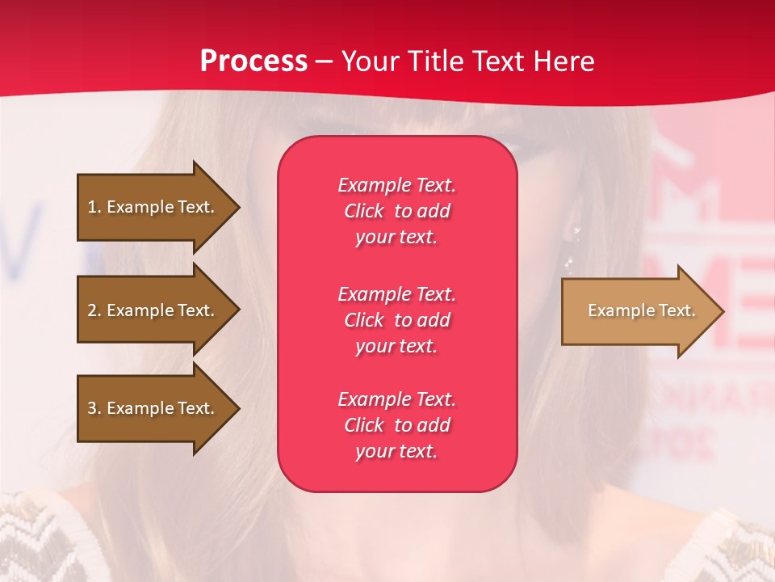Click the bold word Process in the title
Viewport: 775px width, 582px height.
pos(253,61)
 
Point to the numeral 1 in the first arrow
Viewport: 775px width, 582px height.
pos(92,207)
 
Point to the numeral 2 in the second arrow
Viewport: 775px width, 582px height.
pos(92,310)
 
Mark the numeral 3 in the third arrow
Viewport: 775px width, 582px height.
pos(92,408)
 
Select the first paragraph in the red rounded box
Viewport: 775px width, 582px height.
pos(396,211)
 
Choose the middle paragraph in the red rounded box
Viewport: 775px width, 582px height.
pos(396,320)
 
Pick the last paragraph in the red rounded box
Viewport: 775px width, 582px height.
pos(396,425)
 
